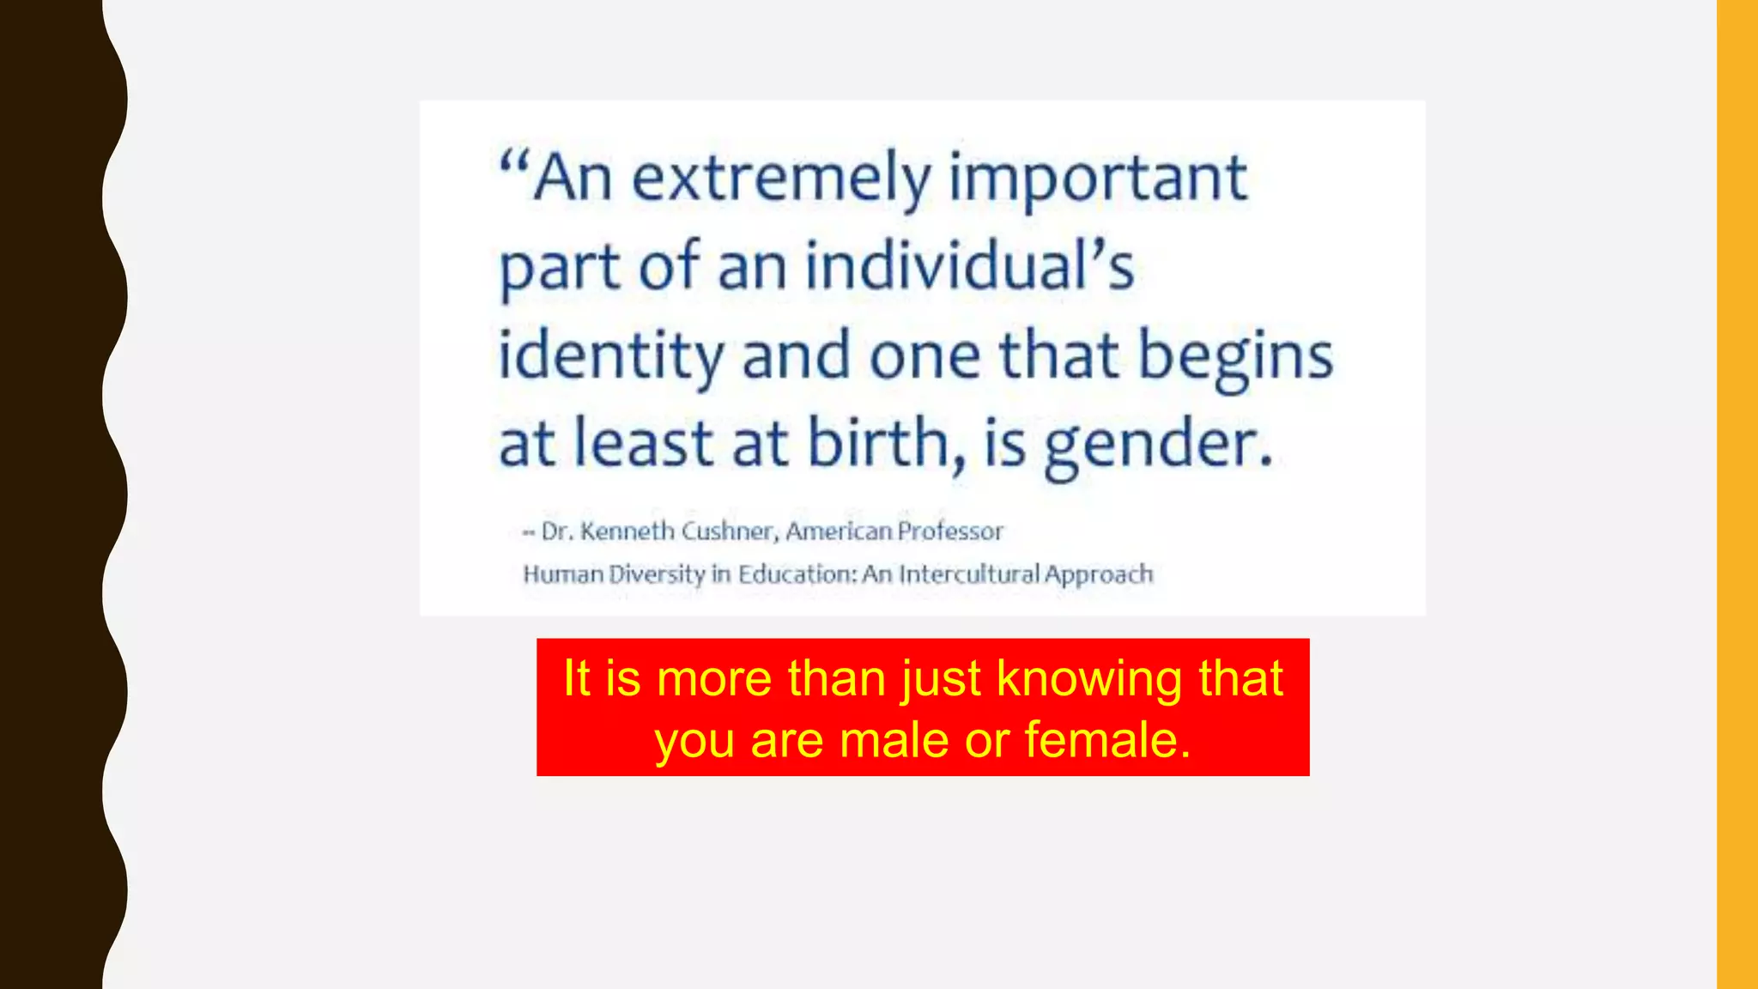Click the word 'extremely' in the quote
point(781,179)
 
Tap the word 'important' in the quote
point(1098,179)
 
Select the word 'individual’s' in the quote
point(969,267)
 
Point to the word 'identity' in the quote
point(610,356)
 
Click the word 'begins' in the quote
point(1235,356)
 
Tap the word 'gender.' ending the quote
point(1158,444)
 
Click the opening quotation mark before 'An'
point(514,163)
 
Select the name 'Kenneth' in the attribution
point(627,531)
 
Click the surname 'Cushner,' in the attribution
point(730,531)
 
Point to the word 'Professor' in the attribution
point(950,531)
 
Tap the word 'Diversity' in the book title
point(657,573)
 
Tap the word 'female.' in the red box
point(1107,740)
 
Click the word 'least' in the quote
point(643,444)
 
